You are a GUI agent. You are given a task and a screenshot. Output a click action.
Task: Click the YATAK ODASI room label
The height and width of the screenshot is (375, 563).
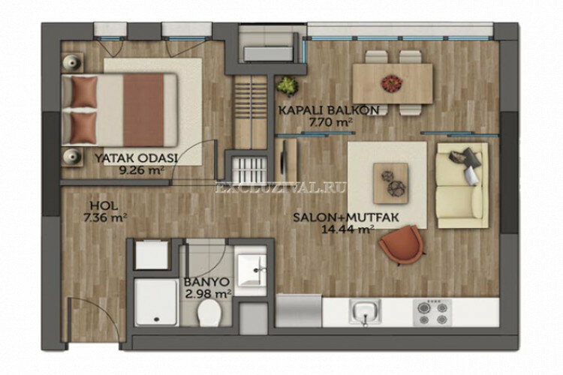[136, 158]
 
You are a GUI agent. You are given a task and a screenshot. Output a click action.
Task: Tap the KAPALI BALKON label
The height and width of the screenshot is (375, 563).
[333, 110]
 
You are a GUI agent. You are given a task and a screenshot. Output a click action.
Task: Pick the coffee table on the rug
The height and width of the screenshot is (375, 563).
[390, 182]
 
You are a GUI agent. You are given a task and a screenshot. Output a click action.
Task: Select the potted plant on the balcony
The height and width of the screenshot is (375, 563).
[287, 85]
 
